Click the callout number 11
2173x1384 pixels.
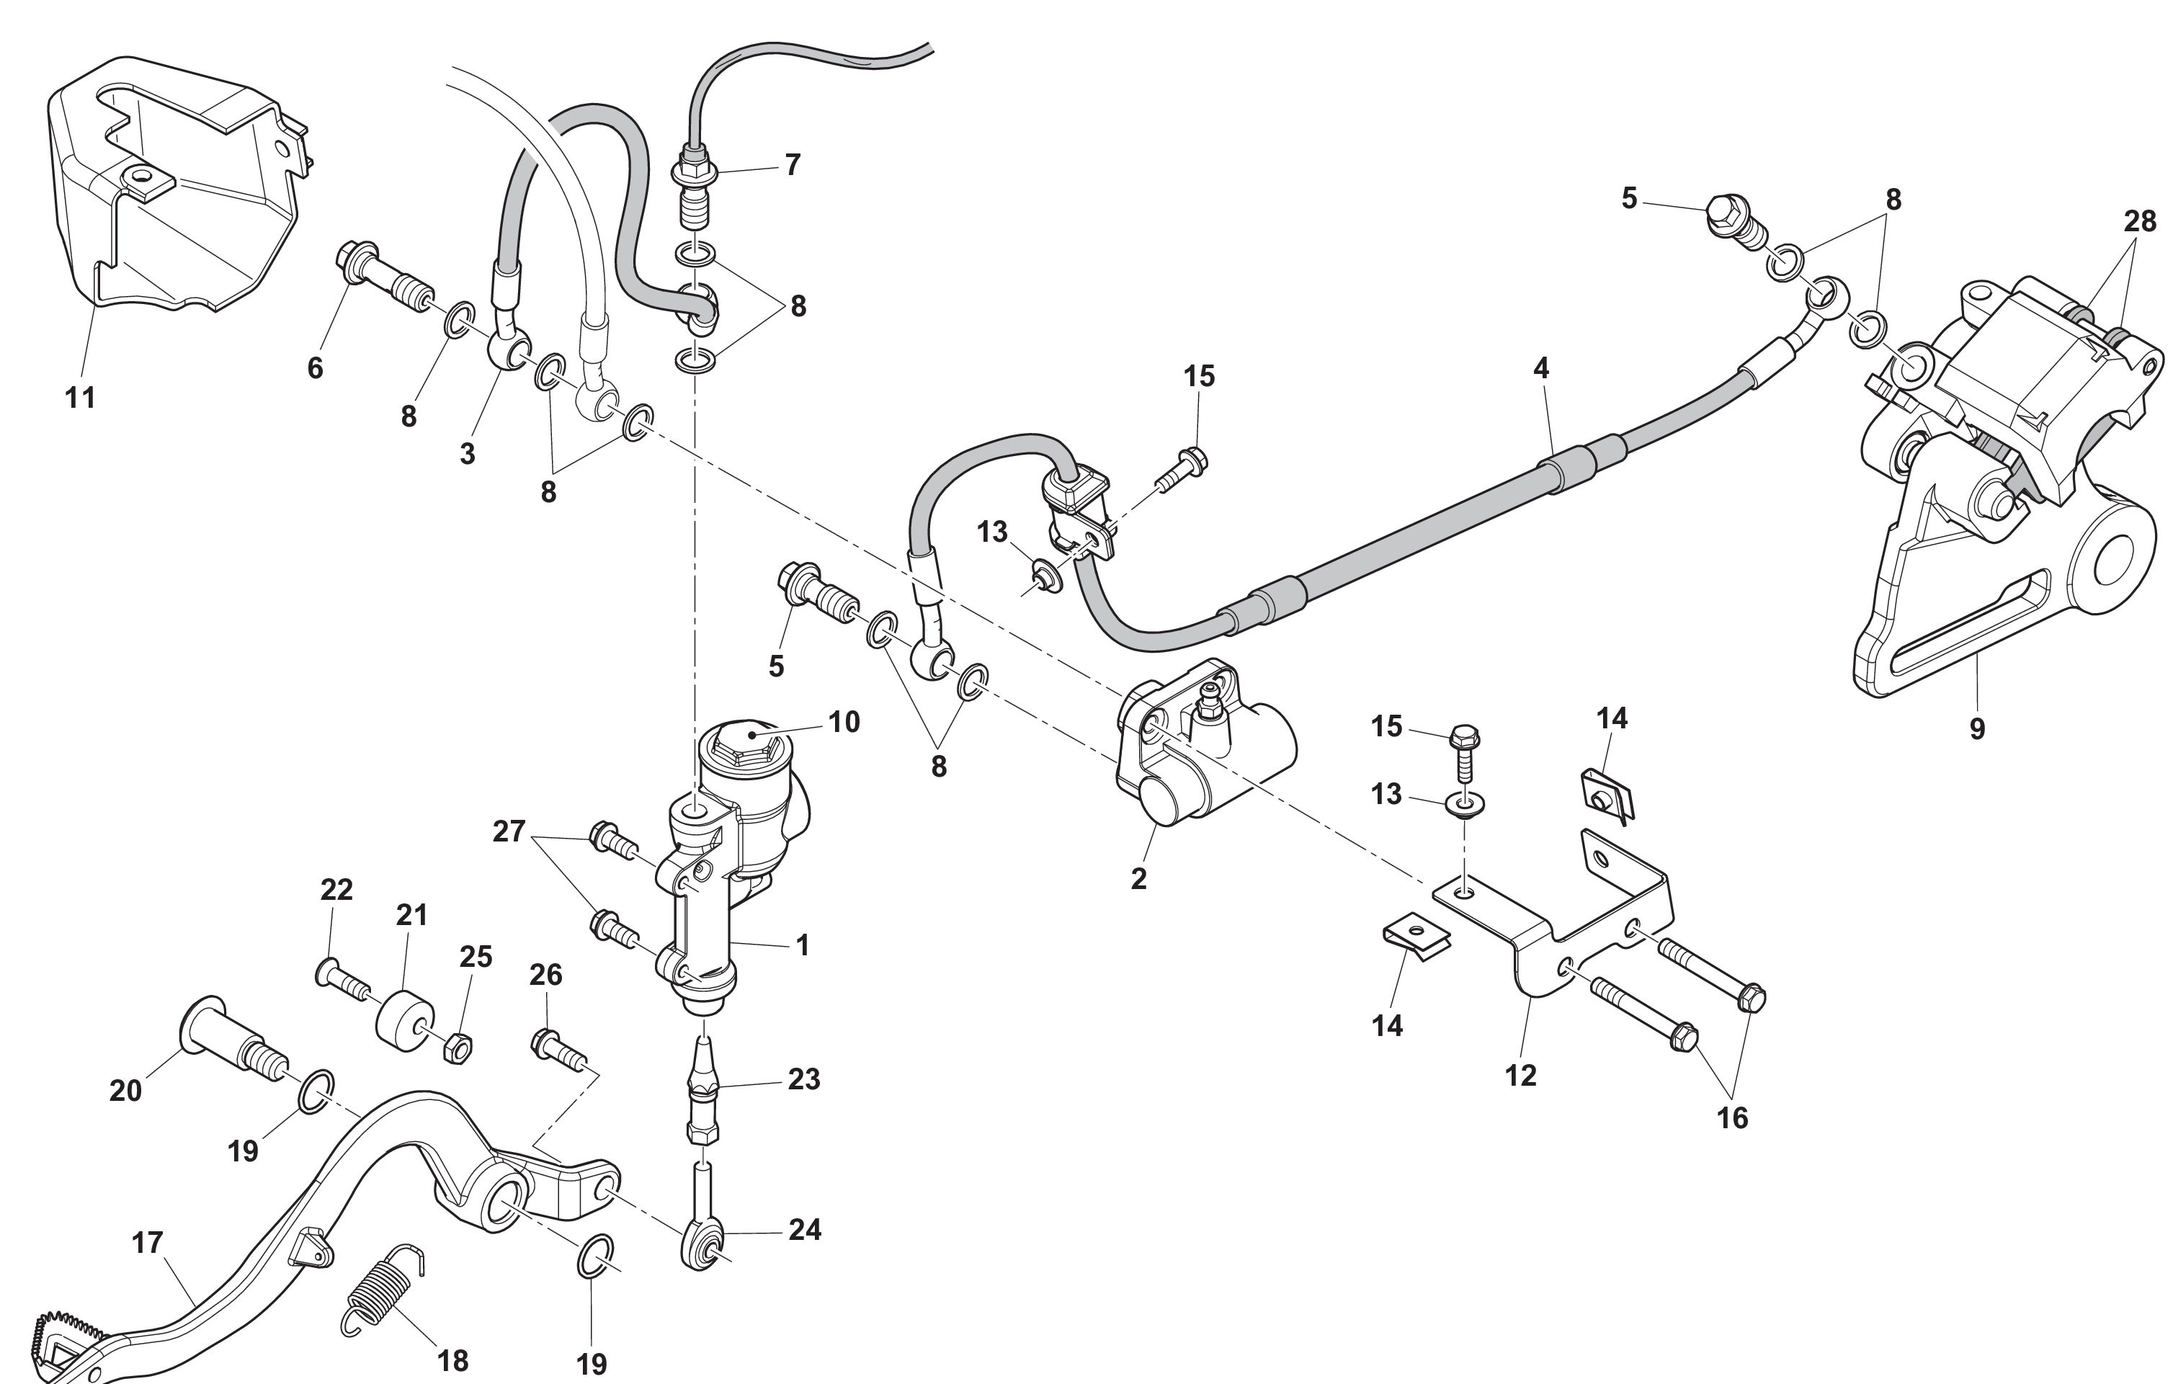pyautogui.click(x=80, y=397)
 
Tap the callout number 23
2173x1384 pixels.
pyautogui.click(x=803, y=1079)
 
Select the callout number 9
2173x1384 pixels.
pyautogui.click(x=1977, y=728)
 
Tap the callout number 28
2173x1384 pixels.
pyautogui.click(x=2140, y=221)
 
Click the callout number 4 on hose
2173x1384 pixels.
pyautogui.click(x=1540, y=368)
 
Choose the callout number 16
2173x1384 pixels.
pyautogui.click(x=1732, y=1118)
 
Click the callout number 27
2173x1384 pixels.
pyautogui.click(x=508, y=831)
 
